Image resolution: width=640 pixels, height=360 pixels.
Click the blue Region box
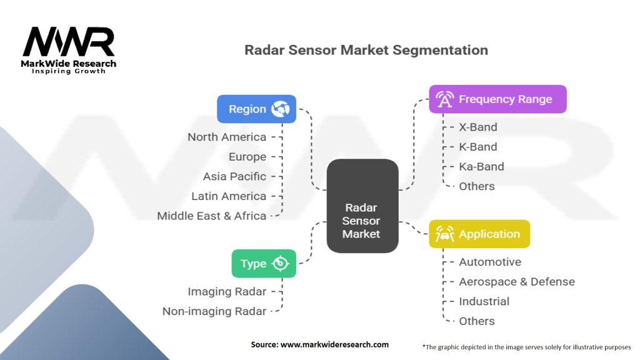point(256,109)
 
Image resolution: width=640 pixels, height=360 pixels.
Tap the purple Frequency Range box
point(497,99)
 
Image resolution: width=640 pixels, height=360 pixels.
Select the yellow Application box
point(479,234)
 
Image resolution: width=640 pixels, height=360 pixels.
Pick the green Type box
point(264,264)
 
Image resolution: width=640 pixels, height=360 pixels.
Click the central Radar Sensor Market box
point(362,206)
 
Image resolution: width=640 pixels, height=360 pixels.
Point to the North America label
point(226,137)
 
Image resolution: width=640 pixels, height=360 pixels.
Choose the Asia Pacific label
point(234,176)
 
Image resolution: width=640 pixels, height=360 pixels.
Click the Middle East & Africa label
point(211,216)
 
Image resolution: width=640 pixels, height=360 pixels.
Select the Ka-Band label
point(481,166)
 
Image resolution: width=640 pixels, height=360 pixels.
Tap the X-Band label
point(478,127)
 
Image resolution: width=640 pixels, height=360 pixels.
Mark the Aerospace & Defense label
point(517,282)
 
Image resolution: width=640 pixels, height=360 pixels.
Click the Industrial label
point(484,301)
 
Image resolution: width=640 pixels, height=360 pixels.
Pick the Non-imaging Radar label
point(214,311)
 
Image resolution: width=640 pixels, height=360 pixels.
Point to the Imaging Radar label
point(227,291)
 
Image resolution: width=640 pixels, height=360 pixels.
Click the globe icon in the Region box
point(281,109)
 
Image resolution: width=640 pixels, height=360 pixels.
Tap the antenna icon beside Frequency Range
point(444,99)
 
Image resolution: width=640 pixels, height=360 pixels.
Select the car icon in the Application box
point(444,234)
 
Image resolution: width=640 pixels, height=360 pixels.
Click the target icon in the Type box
point(281,264)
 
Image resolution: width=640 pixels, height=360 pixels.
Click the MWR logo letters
point(69,42)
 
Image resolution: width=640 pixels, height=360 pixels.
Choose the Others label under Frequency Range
point(477,186)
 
